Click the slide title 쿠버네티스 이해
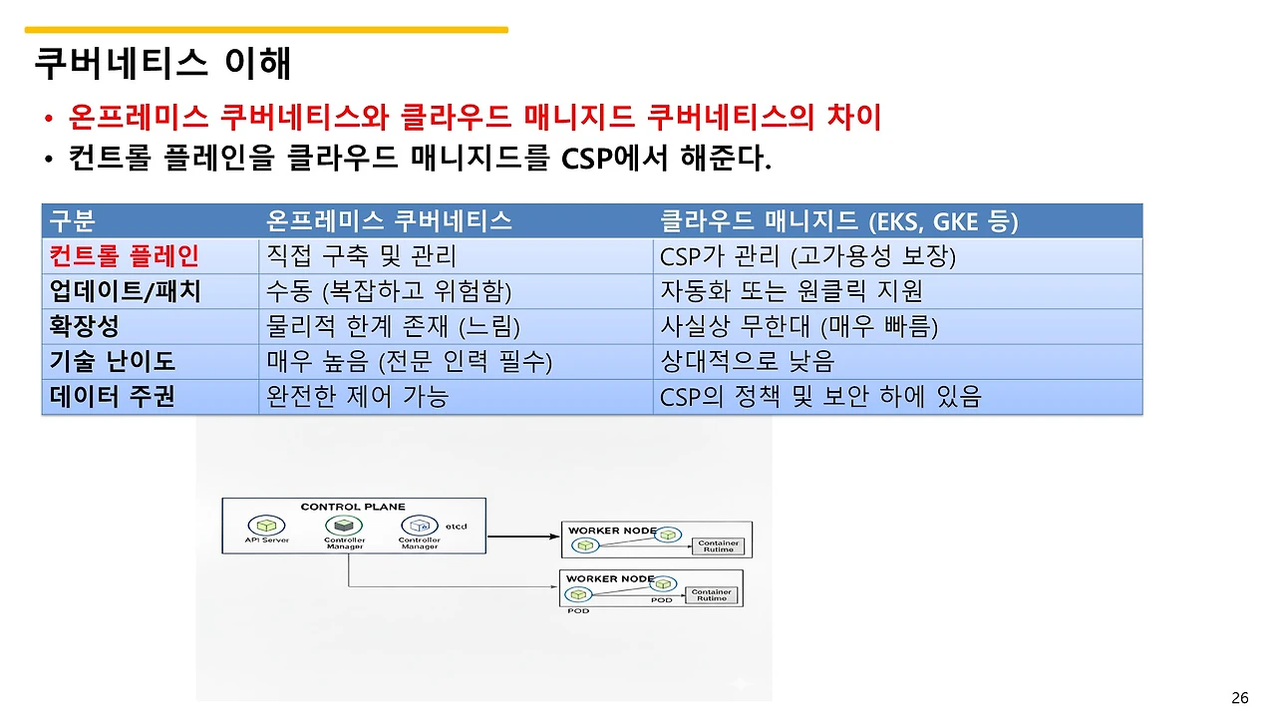click(x=162, y=64)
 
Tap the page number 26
click(x=1240, y=698)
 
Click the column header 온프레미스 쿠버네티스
click(x=389, y=221)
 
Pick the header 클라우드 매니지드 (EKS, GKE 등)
click(x=838, y=221)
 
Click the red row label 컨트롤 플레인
click(x=125, y=256)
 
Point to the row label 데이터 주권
click(x=113, y=397)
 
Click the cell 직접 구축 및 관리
click(x=361, y=256)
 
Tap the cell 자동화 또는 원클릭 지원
click(x=792, y=291)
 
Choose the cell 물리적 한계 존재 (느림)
click(x=393, y=326)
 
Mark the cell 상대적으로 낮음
click(x=747, y=361)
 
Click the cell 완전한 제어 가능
click(x=357, y=397)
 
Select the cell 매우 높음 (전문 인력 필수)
click(x=409, y=361)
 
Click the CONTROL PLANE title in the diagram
click(x=353, y=507)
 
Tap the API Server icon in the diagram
click(x=266, y=525)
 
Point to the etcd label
click(x=456, y=526)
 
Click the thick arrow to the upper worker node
click(x=523, y=538)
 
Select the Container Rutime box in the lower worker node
click(x=712, y=595)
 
